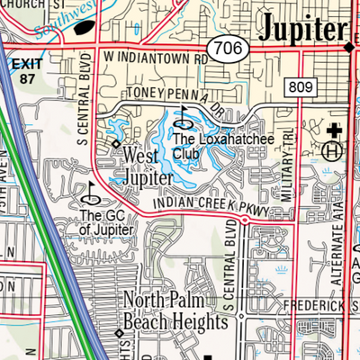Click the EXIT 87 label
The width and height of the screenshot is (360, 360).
(27, 71)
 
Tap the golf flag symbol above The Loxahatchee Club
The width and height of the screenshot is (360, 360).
(184, 115)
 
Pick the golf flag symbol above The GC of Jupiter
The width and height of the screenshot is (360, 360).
(91, 191)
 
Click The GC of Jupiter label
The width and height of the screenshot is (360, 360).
(106, 222)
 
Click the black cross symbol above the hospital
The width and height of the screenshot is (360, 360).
(334, 130)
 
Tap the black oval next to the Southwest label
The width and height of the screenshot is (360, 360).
(83, 26)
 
